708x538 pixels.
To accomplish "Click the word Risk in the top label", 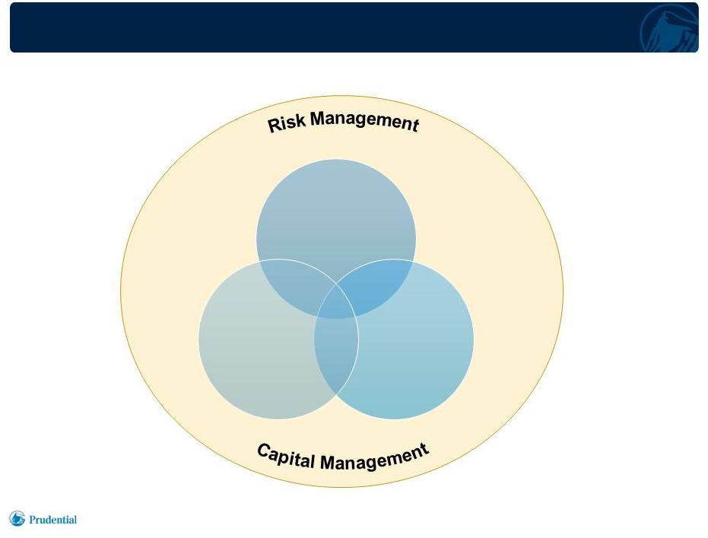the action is [286, 123].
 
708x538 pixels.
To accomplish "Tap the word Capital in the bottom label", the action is [285, 456].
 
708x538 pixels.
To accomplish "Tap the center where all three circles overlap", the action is [336, 301].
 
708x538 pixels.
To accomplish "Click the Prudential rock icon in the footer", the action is [17, 518].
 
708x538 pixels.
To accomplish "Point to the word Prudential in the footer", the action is [52, 520].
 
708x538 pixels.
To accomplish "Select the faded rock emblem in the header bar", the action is [669, 28].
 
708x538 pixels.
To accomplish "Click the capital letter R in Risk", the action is [274, 125].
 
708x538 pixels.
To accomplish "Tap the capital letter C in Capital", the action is [264, 450].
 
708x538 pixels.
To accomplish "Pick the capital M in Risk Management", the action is [319, 119].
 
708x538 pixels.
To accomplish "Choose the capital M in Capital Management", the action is [329, 463].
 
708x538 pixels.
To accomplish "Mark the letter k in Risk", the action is [300, 121].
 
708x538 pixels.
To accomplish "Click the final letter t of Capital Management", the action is [424, 448].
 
